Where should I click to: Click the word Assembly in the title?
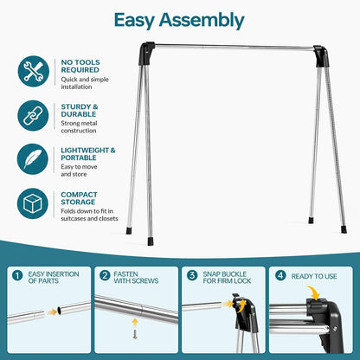coord(202,21)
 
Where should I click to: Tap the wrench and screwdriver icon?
coord(34,71)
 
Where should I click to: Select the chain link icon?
coord(33,116)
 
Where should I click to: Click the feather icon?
coord(33,159)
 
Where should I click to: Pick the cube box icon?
coord(33,203)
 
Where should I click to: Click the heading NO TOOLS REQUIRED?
coord(80,66)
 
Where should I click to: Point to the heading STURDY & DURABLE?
coord(80,111)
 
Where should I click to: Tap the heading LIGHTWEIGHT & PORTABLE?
coord(88,154)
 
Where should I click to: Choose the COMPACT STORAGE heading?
coord(79,198)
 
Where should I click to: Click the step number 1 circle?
coord(17,276)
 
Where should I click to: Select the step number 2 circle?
coord(105,275)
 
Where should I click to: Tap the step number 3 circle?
coord(192,275)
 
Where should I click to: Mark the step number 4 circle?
coord(280,275)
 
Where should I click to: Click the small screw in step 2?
coord(135,334)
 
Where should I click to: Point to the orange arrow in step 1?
coord(52,312)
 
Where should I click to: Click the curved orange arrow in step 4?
coord(313,292)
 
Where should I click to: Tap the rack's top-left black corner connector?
coord(147,54)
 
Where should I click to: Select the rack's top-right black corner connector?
coord(321,56)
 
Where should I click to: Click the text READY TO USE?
coord(314,276)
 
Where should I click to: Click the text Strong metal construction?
coord(79,127)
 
